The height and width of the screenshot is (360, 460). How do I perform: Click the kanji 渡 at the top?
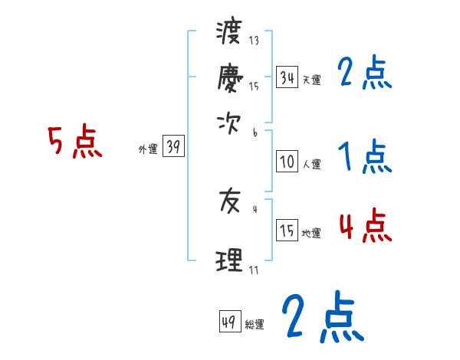click(x=230, y=34)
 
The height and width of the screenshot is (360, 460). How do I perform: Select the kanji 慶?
click(x=230, y=77)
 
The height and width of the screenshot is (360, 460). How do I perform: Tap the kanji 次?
click(x=230, y=120)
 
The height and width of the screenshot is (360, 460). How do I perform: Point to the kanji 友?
click(x=230, y=202)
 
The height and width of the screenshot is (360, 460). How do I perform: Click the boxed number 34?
click(x=287, y=77)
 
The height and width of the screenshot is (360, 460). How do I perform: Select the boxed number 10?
click(x=287, y=162)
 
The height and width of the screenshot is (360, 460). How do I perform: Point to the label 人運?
click(x=311, y=164)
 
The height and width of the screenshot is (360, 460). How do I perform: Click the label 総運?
click(x=255, y=325)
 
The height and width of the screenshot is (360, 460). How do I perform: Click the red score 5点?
click(x=75, y=142)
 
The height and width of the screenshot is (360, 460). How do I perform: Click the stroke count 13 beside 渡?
click(x=254, y=40)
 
